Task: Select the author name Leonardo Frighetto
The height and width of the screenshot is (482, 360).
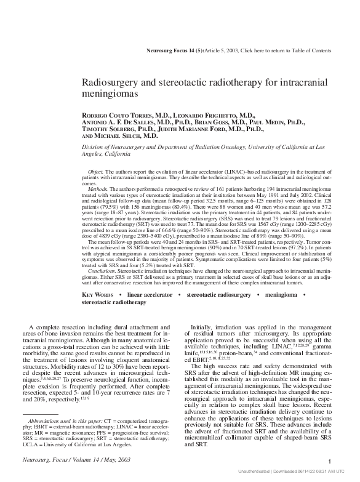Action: (x=206, y=115)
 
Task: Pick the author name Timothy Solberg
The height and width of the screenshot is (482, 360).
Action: (x=110, y=129)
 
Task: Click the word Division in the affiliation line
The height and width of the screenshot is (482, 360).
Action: (x=95, y=148)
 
